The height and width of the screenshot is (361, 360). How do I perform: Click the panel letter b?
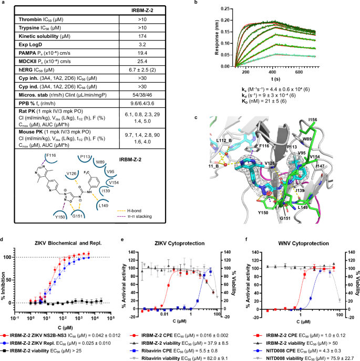196,3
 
